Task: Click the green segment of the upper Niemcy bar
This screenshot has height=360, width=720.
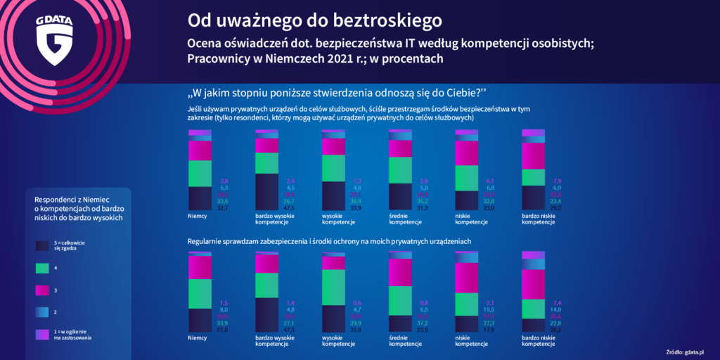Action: (x=200, y=173)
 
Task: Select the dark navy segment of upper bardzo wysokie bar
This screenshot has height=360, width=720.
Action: (x=266, y=191)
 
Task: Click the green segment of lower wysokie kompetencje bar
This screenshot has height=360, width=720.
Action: (x=333, y=287)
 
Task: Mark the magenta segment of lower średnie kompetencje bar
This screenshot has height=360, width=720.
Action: (x=400, y=272)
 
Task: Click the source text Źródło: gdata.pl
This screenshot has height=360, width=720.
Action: (x=686, y=350)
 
